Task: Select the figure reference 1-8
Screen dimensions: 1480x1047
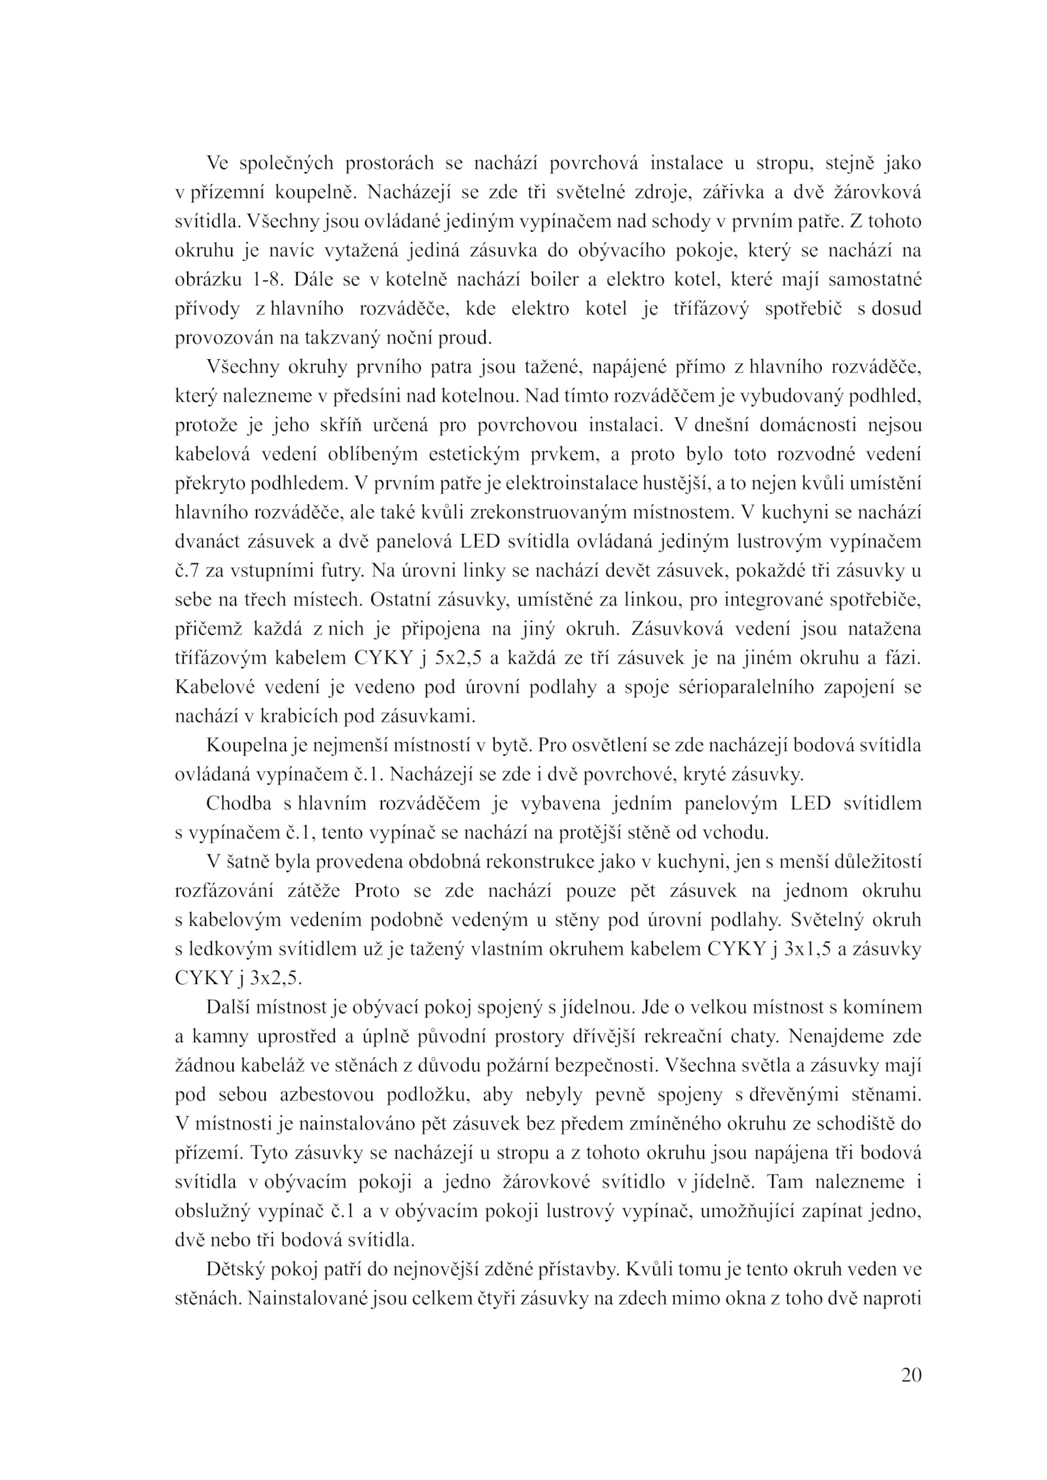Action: coord(267,280)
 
